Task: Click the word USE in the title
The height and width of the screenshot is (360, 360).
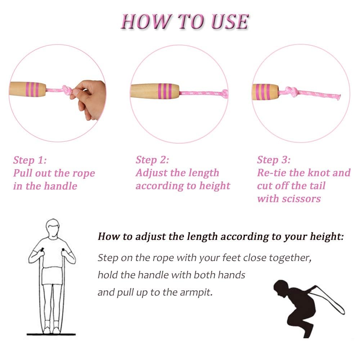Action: pos(230,22)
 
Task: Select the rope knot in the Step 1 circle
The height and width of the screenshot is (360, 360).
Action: pos(66,90)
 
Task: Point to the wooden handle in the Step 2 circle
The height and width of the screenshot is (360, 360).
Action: pos(155,91)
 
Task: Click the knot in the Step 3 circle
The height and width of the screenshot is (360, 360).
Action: pos(291,91)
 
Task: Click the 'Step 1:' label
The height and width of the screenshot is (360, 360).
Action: pos(30,160)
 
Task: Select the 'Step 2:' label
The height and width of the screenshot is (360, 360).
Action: pos(152,160)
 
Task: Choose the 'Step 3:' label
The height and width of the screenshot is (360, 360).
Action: pos(274,160)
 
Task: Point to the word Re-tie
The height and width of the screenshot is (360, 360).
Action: pos(272,173)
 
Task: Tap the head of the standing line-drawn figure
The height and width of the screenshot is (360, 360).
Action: pos(53,228)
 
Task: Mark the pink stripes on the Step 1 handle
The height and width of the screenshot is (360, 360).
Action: pos(32,89)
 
